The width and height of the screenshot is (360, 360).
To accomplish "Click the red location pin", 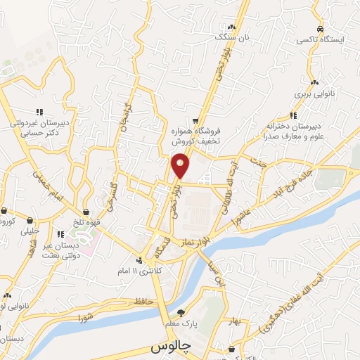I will [181, 165].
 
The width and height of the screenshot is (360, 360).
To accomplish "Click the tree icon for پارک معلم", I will [181, 314].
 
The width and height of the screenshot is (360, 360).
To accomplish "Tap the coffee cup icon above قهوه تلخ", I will [86, 212].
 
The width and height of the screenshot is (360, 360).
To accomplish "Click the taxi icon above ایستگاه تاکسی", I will [320, 30].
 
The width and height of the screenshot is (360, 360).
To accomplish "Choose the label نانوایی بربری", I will [311, 93].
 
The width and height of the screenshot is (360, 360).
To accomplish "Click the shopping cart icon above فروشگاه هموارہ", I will [196, 120].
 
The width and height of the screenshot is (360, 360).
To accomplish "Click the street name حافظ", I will [144, 302].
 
